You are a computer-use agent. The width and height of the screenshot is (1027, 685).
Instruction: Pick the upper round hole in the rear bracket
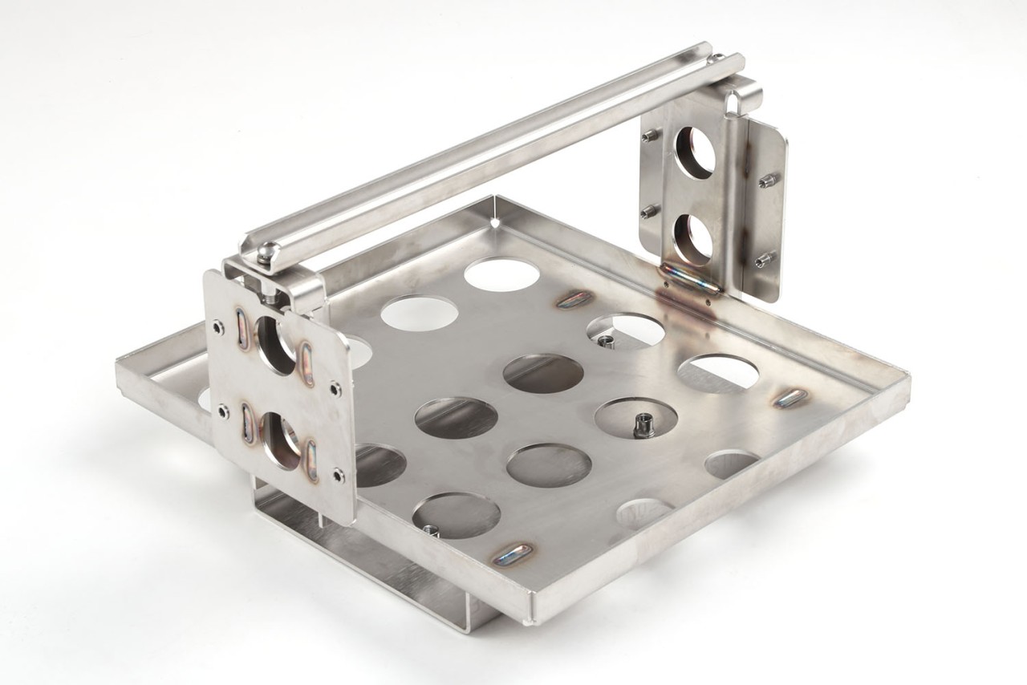pyautogui.click(x=695, y=152)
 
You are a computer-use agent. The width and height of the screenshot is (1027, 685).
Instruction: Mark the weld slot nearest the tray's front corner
pyautogui.click(x=513, y=553)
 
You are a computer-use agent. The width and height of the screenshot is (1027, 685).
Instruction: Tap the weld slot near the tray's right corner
pyautogui.click(x=791, y=397)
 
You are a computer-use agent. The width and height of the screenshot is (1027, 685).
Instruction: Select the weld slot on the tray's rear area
pyautogui.click(x=575, y=299)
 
